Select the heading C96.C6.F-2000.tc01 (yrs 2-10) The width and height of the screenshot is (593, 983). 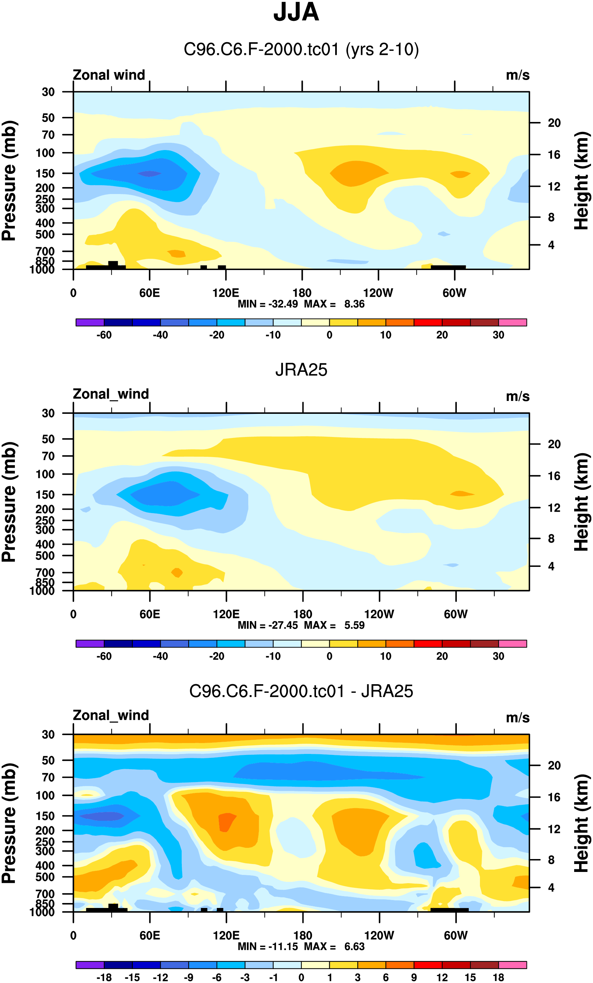point(301,50)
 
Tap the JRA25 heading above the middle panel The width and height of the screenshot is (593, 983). point(301,370)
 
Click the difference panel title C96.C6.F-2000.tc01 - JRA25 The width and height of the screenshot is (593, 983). point(301,691)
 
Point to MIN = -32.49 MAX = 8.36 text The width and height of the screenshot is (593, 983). point(301,304)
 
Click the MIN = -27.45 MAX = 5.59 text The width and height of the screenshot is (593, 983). point(301,625)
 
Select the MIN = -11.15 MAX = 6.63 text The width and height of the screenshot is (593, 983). point(301,946)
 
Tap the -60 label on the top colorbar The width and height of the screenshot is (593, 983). point(104,335)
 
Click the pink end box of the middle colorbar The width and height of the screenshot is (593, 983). point(512,644)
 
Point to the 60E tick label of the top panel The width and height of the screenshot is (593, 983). point(150,293)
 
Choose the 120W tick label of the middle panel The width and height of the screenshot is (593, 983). point(379,614)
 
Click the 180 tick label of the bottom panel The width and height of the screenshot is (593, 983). point(302,935)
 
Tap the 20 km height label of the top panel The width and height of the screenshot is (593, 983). point(554,123)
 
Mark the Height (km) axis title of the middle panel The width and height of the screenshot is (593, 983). point(581,502)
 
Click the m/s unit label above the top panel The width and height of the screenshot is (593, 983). point(518,75)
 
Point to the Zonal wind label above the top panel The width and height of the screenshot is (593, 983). point(108,75)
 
